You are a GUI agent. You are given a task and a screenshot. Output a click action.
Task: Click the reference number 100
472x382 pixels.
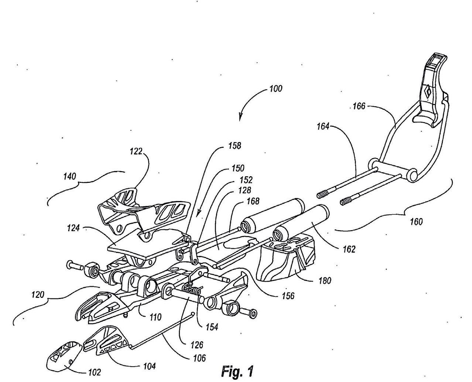276,88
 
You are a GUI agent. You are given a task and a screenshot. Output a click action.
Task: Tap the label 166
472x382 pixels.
359,106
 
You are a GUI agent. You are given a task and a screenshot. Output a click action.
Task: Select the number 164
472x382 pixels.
323,126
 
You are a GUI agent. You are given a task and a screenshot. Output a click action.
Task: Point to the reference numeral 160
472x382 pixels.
416,222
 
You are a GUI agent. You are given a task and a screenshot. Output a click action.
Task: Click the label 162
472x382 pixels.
348,249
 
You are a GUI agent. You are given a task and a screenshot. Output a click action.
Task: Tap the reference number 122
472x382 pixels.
136,151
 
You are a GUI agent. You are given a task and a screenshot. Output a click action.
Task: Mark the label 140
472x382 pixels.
69,176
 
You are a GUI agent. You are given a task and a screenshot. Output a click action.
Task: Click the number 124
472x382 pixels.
73,228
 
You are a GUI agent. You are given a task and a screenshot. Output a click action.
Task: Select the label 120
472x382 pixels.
37,295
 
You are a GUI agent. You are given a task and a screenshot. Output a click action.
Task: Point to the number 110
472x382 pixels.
155,317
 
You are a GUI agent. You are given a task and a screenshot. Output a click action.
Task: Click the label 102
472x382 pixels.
95,372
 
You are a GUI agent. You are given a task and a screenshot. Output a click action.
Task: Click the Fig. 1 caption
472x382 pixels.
237,371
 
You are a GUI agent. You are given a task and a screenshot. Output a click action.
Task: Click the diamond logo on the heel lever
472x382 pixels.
428,92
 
